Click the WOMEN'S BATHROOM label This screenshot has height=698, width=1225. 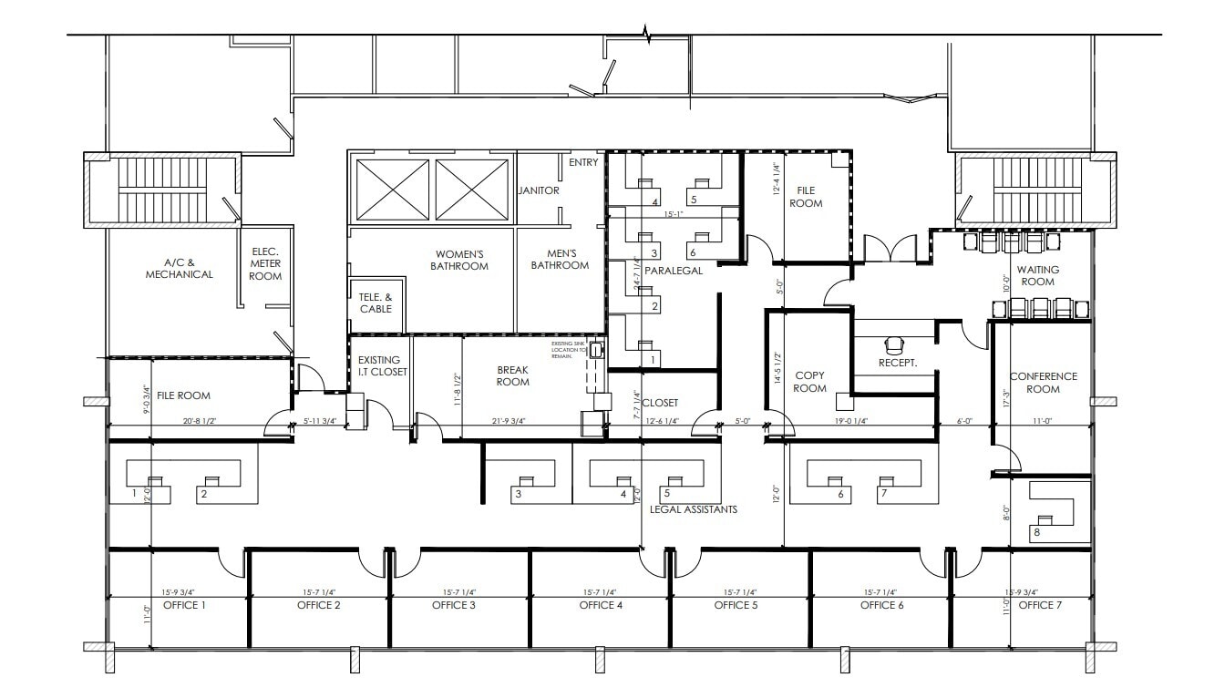tap(460, 260)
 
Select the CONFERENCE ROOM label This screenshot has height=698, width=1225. tap(1043, 383)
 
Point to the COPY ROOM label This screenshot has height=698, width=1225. tap(810, 382)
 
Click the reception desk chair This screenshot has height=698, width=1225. tap(893, 344)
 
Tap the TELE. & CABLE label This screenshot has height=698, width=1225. tap(376, 303)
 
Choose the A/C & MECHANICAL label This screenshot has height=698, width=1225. tap(179, 268)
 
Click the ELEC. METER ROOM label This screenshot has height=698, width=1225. tap(265, 263)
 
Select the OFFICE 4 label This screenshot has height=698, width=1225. tap(602, 605)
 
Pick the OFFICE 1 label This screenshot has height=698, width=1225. tap(184, 605)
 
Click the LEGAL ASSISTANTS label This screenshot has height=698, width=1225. tap(693, 509)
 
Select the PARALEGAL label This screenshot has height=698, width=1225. tap(673, 271)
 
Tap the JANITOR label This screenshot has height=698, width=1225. tap(539, 190)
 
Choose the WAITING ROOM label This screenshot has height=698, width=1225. tap(1035, 275)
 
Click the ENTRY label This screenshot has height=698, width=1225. tap(583, 162)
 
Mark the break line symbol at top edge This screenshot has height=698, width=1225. tap(647, 35)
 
